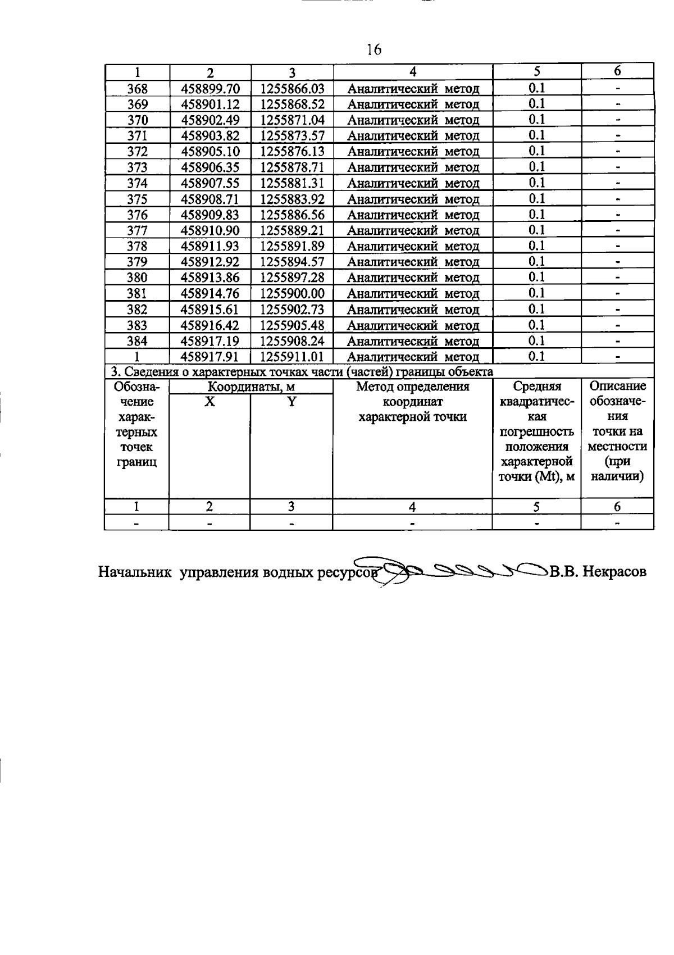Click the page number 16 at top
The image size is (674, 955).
(374, 50)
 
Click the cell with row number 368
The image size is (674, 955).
(137, 89)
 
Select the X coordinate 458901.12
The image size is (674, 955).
(210, 104)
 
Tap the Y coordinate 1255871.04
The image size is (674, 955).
(292, 120)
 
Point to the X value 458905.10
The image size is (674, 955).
(210, 152)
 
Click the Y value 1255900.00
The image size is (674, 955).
(292, 293)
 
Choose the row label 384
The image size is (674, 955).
(137, 341)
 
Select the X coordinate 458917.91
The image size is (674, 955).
(210, 357)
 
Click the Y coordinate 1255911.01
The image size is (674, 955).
(292, 357)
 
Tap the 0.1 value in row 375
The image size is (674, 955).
(536, 198)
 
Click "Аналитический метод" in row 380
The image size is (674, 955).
(413, 278)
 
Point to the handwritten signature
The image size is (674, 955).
(461, 572)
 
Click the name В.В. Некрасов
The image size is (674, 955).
(598, 572)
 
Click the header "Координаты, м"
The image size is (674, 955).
(251, 386)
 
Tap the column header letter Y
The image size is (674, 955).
(292, 402)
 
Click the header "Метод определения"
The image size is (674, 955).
(413, 386)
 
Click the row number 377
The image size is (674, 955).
(137, 230)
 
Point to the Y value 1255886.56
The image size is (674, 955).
(292, 215)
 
